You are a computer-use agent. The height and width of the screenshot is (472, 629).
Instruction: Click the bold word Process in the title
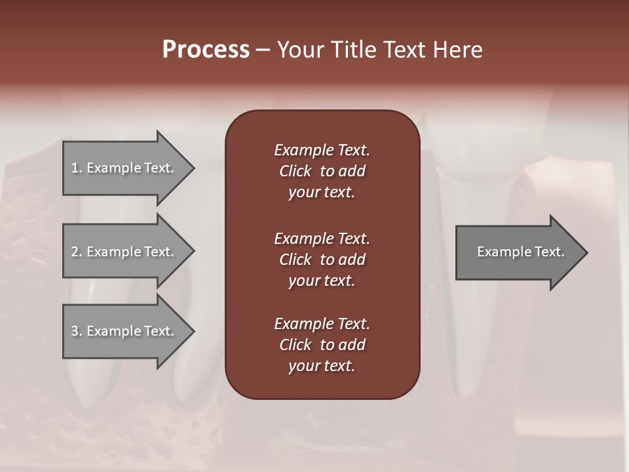pos(206,50)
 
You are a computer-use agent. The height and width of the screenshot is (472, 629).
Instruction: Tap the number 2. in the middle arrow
pos(77,252)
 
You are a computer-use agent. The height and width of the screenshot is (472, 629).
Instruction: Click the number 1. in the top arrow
pos(77,168)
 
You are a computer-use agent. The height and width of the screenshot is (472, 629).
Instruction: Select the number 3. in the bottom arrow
pos(77,331)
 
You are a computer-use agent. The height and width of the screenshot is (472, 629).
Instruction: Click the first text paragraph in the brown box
pos(322,171)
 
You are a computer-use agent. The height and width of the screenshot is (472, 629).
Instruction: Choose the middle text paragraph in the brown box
pos(322,259)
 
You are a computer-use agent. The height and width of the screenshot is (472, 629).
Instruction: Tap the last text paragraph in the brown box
pos(322,345)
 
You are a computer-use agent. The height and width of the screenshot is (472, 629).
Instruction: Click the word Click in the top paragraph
pos(295,171)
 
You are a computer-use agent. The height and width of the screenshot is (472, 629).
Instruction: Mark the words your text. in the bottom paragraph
pos(322,366)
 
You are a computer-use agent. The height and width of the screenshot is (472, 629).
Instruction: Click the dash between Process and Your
pos(263,50)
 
